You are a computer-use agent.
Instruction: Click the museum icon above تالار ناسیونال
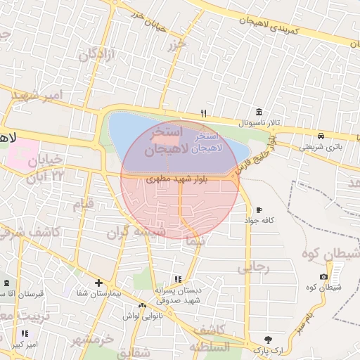(259, 112)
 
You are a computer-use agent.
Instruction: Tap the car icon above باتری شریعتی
(321, 136)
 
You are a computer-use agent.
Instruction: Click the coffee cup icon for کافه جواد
(259, 210)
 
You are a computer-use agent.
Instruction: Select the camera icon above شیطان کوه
(323, 276)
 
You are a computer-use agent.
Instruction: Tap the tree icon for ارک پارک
(267, 339)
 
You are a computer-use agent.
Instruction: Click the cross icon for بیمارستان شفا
(98, 283)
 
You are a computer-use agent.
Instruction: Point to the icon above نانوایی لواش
(143, 306)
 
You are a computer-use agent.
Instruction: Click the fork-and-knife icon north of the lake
(204, 112)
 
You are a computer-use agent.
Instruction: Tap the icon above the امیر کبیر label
(25, 333)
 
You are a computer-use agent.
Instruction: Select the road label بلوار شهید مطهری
(176, 180)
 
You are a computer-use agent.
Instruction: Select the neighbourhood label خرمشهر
(91, 340)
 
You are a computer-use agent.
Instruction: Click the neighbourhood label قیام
(84, 205)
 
